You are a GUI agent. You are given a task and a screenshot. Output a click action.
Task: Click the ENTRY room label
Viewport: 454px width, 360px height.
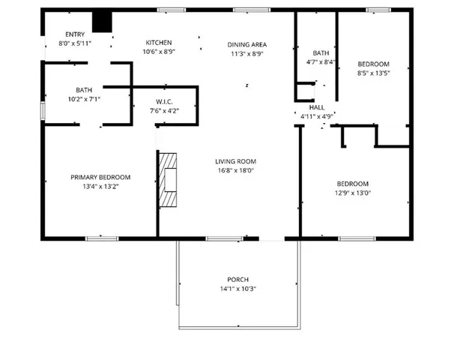(x=75, y=34)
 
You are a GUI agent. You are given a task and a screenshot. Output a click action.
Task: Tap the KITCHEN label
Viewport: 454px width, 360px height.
(x=159, y=43)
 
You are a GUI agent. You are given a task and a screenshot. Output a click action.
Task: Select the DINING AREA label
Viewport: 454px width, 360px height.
(x=246, y=45)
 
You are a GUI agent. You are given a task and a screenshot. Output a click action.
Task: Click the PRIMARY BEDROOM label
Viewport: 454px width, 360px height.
(x=100, y=177)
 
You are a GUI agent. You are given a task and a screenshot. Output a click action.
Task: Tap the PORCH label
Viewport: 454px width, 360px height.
(x=238, y=279)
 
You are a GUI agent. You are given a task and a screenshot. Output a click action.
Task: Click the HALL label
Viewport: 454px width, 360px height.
(x=316, y=108)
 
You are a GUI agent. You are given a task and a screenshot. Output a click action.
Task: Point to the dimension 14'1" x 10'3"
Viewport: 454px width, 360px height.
(x=238, y=288)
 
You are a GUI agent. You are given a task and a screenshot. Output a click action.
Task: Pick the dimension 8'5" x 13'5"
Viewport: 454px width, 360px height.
(x=372, y=73)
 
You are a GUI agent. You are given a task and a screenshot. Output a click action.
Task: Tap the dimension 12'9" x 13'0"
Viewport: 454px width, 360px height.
(x=351, y=193)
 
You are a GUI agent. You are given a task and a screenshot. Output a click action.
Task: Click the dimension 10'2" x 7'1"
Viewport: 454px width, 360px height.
(x=83, y=98)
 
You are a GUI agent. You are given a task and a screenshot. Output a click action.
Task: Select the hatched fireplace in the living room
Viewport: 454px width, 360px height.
(x=169, y=179)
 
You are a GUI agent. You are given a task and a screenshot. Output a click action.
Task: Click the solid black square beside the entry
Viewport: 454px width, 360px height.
(x=101, y=22)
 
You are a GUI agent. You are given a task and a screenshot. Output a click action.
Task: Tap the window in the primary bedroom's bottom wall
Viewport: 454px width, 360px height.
(x=101, y=238)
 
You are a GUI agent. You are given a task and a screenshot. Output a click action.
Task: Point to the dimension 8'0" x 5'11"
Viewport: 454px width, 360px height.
(x=75, y=43)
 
